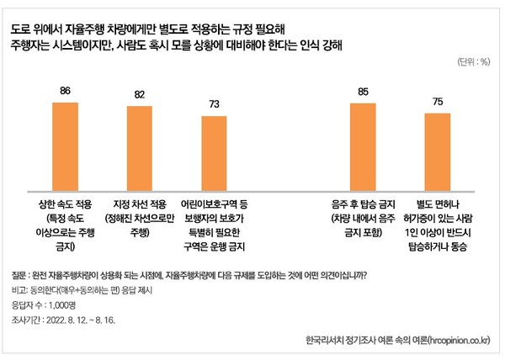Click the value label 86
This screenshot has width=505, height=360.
65,92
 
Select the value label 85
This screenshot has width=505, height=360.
364,93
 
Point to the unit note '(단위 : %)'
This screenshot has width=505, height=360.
472,62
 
